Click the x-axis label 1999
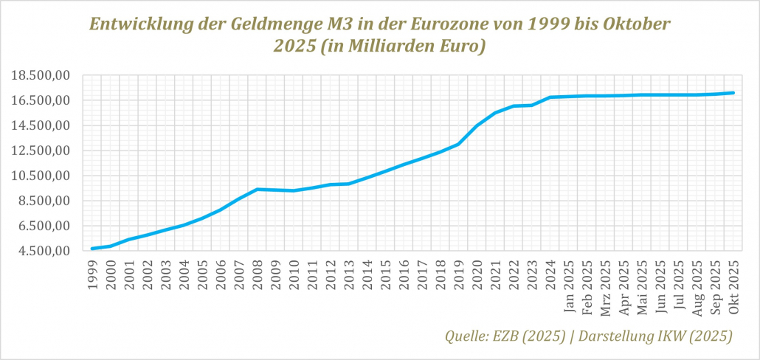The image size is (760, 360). pyautogui.click(x=93, y=274)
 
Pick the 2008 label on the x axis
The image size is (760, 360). pyautogui.click(x=258, y=274)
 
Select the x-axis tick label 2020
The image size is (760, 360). pyautogui.click(x=477, y=274)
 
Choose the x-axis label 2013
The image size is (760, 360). pyautogui.click(x=349, y=274)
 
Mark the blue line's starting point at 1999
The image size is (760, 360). pyautogui.click(x=93, y=249)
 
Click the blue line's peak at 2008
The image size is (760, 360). pyautogui.click(x=258, y=189)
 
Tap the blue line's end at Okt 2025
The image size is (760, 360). pyautogui.click(x=733, y=93)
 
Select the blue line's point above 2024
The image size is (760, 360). pyautogui.click(x=550, y=97)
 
